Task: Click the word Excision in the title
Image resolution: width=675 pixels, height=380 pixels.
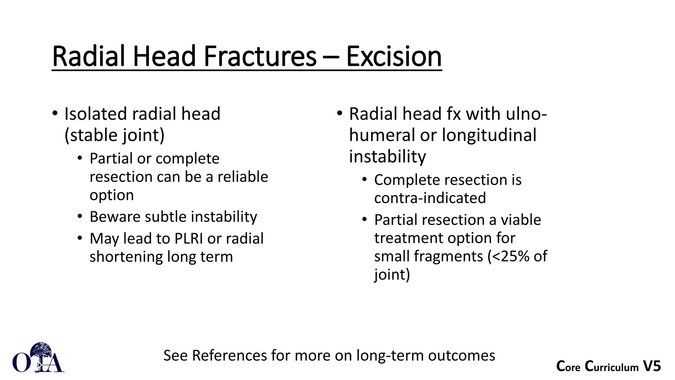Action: [x=394, y=57]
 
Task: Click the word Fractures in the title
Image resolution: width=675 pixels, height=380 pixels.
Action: [x=260, y=57]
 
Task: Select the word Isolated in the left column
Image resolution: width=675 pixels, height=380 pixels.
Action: [x=96, y=114]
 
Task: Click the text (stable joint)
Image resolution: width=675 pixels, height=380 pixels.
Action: [x=114, y=136]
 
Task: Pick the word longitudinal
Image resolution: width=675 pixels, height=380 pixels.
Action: [x=489, y=136]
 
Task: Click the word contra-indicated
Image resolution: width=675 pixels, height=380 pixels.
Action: [x=430, y=198]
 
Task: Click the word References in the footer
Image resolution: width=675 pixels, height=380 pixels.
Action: [x=229, y=356]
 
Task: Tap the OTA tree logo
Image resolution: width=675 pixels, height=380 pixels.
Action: [x=39, y=358]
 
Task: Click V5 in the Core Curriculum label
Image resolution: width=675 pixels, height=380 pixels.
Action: [x=652, y=366]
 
